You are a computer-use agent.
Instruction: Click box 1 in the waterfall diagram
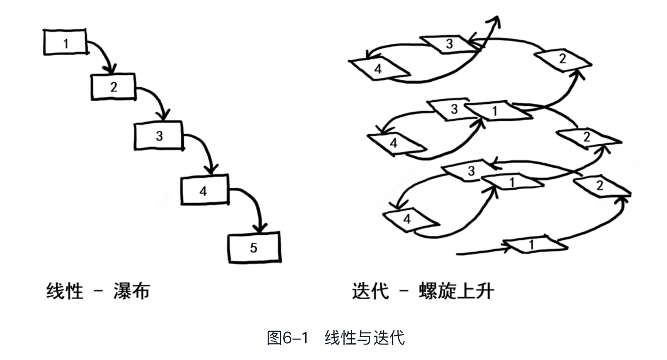[x=65, y=42]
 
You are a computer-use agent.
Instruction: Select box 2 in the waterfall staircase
[x=113, y=87]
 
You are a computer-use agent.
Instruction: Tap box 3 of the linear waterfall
[x=159, y=135]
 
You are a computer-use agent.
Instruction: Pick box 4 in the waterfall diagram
[x=204, y=190]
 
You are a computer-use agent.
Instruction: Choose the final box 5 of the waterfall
[x=254, y=247]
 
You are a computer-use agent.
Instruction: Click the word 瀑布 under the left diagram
[x=132, y=291]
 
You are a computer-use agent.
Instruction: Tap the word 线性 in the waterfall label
[x=65, y=291]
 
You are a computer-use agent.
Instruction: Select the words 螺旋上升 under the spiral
[x=456, y=291]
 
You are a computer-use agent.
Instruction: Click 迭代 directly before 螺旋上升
[x=370, y=291]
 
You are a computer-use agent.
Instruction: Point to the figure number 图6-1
[x=287, y=338]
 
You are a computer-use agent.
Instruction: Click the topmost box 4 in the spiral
[x=379, y=69]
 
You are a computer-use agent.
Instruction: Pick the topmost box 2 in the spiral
[x=563, y=59]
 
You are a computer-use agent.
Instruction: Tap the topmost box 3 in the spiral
[x=449, y=44]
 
